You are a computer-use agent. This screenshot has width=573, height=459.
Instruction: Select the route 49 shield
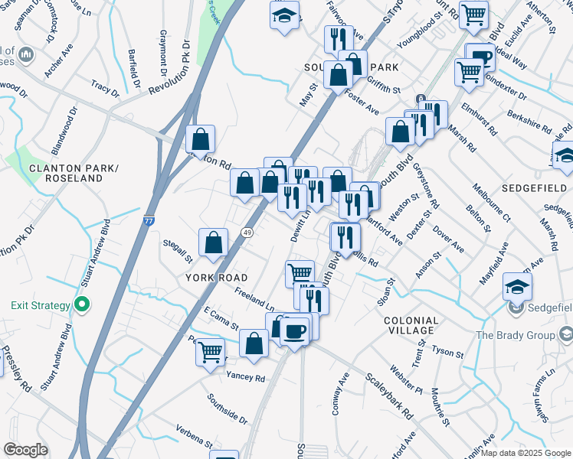[x=247, y=232]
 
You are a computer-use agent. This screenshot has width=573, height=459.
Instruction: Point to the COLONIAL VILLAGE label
[x=411, y=325]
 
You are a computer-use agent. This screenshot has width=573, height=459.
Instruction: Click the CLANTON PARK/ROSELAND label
[x=65, y=172]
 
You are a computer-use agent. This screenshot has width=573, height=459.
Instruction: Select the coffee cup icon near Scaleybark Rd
[x=294, y=330]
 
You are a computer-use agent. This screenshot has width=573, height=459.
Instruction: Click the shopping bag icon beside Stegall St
[x=214, y=243]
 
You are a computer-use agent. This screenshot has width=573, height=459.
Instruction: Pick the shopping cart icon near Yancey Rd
[x=210, y=353]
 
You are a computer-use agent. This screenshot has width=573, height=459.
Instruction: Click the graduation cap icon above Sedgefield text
[x=518, y=288]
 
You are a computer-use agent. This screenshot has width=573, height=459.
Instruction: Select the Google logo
[x=25, y=450]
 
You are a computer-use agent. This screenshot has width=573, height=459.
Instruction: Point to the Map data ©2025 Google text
[x=526, y=453]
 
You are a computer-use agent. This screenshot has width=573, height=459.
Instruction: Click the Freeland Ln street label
[x=254, y=296]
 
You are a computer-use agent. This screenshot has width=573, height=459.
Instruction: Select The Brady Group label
[x=519, y=335]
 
